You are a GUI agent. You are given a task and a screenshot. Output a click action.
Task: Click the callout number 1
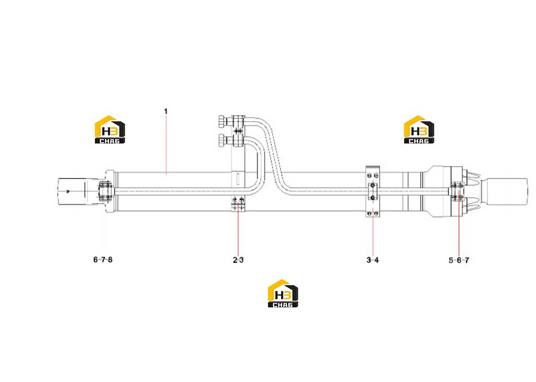pos(166,112)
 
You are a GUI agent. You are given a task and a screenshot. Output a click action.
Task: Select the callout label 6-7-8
pos(103,259)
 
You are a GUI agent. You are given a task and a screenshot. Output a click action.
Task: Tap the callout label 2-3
pos(238,260)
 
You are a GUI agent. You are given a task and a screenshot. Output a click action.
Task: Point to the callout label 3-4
pos(373,260)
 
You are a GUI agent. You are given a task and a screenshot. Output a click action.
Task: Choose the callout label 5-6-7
pos(459,260)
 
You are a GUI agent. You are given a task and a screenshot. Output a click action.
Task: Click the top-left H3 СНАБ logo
pos(109,129)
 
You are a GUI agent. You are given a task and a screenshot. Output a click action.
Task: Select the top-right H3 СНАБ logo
pos(419,129)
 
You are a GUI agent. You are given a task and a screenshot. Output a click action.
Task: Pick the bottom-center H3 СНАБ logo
pos(283,293)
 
